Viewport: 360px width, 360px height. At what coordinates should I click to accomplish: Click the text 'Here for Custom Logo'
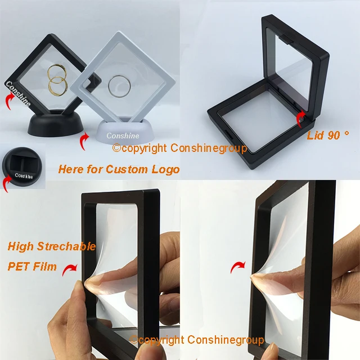pos(119,169)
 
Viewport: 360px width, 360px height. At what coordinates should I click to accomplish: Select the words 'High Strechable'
pos(52,246)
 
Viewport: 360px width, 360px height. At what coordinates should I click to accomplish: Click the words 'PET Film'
pos(32,266)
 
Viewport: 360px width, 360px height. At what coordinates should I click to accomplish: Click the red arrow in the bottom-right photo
pos(239,265)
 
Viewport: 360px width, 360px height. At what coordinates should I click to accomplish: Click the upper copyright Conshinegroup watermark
pos(179,148)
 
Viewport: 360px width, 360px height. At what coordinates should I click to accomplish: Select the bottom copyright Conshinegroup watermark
pos(197,340)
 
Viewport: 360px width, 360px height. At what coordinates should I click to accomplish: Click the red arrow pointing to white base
pos(84,141)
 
